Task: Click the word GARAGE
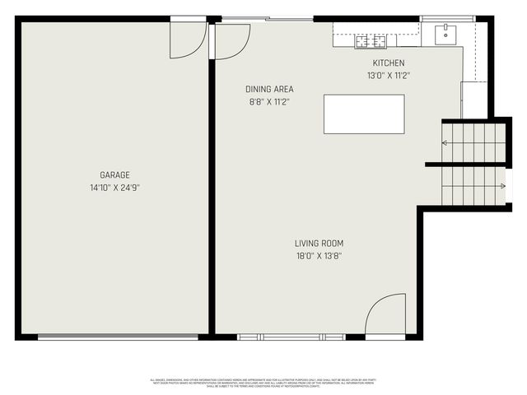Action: pyautogui.click(x=115, y=174)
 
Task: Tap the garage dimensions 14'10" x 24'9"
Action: pyautogui.click(x=115, y=188)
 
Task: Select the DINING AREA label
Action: pyautogui.click(x=269, y=89)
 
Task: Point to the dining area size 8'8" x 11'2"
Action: pyautogui.click(x=269, y=101)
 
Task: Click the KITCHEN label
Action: pyautogui.click(x=389, y=63)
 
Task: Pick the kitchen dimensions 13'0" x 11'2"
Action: pyautogui.click(x=389, y=75)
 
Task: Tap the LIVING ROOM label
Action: pyautogui.click(x=319, y=244)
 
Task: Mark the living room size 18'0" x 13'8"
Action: pyautogui.click(x=319, y=256)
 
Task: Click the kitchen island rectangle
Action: pyautogui.click(x=364, y=114)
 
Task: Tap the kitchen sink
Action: pyautogui.click(x=445, y=33)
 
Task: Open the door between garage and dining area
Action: pyautogui.click(x=231, y=39)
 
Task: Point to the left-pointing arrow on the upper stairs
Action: pyautogui.click(x=445, y=143)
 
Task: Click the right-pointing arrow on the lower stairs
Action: pyautogui.click(x=501, y=187)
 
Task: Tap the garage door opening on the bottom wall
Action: pyautogui.click(x=118, y=336)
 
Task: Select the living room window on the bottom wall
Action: pyautogui.click(x=291, y=337)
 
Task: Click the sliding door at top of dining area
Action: pyautogui.click(x=268, y=18)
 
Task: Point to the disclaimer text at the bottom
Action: pyautogui.click(x=263, y=383)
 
